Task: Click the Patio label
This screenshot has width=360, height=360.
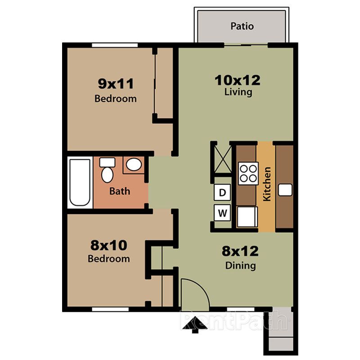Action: [242, 26]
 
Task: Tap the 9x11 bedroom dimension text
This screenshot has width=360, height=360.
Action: [116, 83]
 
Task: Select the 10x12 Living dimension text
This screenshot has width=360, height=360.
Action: [238, 80]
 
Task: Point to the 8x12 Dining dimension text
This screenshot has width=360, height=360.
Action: [240, 251]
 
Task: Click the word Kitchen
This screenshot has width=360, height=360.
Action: [267, 184]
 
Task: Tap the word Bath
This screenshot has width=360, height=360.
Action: [120, 191]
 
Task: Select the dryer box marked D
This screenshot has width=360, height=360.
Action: [222, 193]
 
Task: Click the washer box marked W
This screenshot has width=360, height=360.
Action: [222, 212]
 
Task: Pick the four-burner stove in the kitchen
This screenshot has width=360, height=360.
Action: [248, 173]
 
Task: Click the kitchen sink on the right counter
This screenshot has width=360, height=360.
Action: [285, 190]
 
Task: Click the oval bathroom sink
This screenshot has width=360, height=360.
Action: [133, 165]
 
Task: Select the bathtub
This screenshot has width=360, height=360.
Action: [80, 182]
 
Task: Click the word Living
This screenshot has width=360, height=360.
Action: [238, 93]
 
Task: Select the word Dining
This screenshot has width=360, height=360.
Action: [240, 265]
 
